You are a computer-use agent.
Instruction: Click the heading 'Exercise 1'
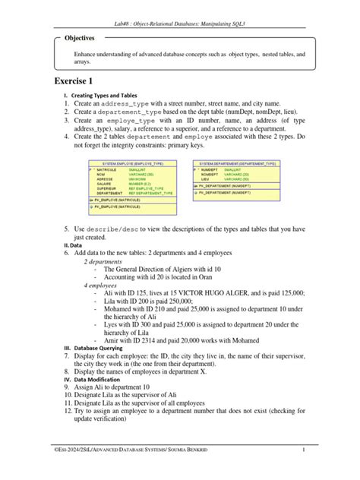point(78,81)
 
